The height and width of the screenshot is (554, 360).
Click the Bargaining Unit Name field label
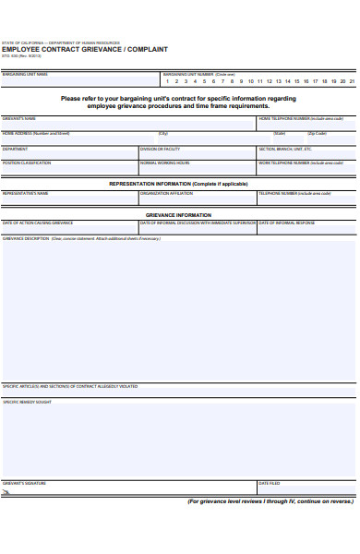tap(25, 74)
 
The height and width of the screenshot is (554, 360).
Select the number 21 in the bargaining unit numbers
tap(352, 81)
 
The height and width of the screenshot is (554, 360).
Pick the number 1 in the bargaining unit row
tap(167, 81)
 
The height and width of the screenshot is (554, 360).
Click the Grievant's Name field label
tap(19, 119)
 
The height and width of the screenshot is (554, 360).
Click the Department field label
tap(15, 149)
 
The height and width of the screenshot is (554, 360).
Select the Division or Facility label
tap(160, 149)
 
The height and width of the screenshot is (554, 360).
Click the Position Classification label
tap(27, 163)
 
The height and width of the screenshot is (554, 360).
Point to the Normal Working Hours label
tap(165, 163)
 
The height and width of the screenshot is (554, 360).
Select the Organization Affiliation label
tap(167, 193)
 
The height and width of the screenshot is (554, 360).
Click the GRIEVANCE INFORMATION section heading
tap(179, 215)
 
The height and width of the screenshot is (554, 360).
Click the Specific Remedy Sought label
tap(27, 402)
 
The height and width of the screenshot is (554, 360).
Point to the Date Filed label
tap(269, 483)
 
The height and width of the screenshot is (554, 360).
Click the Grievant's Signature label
tap(24, 483)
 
